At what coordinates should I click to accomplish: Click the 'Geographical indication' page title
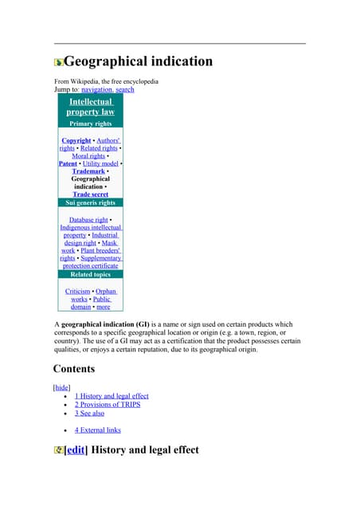coord(138,61)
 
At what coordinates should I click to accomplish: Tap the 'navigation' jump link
coord(96,90)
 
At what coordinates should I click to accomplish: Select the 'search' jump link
coord(124,90)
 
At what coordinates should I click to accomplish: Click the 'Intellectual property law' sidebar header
coord(90,107)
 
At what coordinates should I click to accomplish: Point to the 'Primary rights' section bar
coord(90,124)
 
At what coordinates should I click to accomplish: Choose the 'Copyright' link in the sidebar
coord(76,140)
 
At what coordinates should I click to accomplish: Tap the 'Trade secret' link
coord(91,194)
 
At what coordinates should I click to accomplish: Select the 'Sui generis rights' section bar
coord(90,203)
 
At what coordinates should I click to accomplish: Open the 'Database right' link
coord(88,219)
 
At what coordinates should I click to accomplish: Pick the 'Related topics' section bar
coord(90,275)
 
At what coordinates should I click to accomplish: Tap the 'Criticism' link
coord(77,292)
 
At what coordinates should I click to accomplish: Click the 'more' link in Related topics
coord(104,307)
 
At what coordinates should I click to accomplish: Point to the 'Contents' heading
coord(74,369)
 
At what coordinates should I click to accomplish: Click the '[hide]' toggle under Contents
coord(61,386)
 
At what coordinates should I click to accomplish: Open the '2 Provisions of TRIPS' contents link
coord(108,405)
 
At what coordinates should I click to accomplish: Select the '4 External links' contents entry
coord(98,430)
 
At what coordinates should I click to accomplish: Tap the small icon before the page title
coord(58,62)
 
